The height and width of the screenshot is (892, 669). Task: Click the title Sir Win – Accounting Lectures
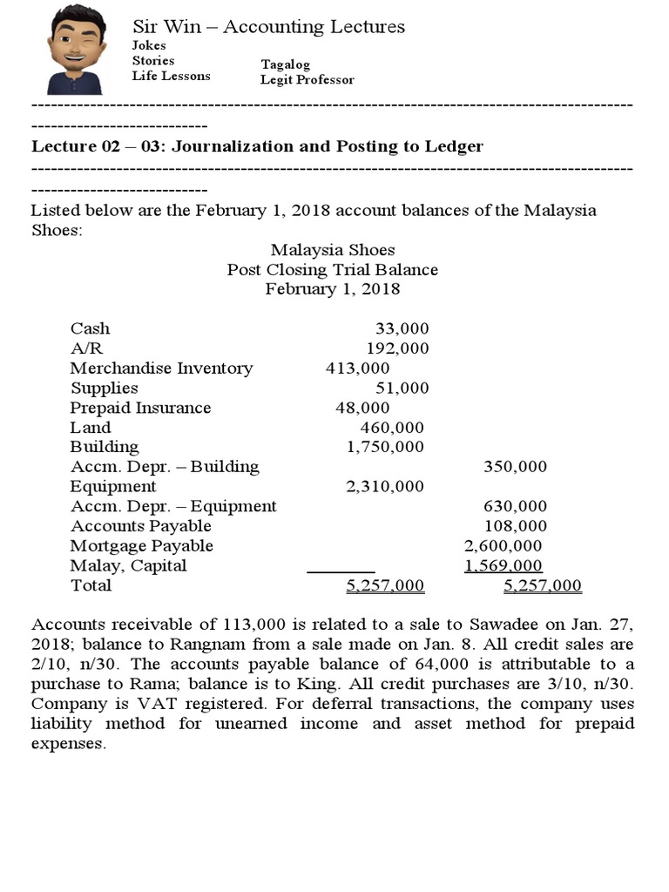pyautogui.click(x=268, y=26)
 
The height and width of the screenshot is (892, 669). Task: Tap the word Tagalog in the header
pyautogui.click(x=285, y=64)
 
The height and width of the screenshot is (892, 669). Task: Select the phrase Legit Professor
pyautogui.click(x=307, y=80)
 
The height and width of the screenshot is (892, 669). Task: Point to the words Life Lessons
pyautogui.click(x=171, y=76)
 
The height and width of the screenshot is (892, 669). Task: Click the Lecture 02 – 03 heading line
pyautogui.click(x=257, y=146)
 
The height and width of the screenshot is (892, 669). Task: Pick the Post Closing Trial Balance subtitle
pyautogui.click(x=332, y=269)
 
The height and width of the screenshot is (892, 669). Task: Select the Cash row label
pyautogui.click(x=90, y=328)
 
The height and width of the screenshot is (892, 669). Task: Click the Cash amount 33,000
pyautogui.click(x=402, y=328)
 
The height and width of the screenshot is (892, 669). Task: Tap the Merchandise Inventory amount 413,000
pyautogui.click(x=357, y=368)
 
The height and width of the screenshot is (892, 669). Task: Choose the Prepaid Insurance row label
pyautogui.click(x=140, y=408)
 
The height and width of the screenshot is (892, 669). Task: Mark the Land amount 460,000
pyautogui.click(x=392, y=427)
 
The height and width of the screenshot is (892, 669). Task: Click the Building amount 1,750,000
pyautogui.click(x=385, y=447)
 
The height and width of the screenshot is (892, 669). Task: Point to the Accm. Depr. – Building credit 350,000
pyautogui.click(x=515, y=466)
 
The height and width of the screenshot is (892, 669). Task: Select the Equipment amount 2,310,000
pyautogui.click(x=385, y=486)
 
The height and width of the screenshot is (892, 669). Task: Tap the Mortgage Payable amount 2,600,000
pyautogui.click(x=503, y=546)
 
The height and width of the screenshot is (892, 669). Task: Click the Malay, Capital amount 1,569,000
pyautogui.click(x=503, y=566)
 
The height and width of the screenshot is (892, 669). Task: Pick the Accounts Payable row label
pyautogui.click(x=140, y=526)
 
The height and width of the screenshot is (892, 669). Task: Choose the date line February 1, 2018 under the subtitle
pyautogui.click(x=332, y=288)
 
